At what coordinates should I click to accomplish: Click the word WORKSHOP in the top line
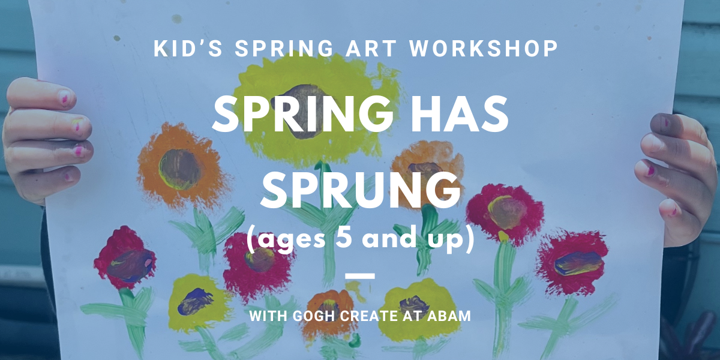[x=484, y=49]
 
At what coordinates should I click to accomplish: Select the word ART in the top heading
[x=371, y=49]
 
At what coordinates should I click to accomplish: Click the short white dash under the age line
[x=360, y=276]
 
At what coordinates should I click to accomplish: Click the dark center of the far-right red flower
[x=578, y=263]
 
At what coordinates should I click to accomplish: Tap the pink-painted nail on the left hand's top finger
[x=65, y=97]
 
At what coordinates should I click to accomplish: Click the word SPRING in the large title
[x=302, y=115]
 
